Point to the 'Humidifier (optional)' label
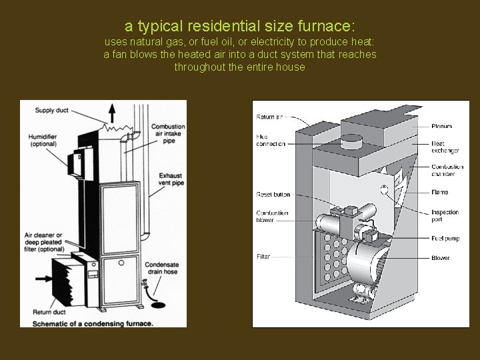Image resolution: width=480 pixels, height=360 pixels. (43, 141)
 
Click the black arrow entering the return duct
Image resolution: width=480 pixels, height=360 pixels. (43, 278)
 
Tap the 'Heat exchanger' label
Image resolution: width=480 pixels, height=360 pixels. (441, 147)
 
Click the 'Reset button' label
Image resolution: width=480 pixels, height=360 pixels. (273, 195)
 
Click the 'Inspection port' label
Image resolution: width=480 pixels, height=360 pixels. (444, 215)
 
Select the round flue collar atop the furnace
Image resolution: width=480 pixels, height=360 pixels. (351, 142)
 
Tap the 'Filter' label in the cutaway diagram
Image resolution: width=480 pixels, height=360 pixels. (264, 257)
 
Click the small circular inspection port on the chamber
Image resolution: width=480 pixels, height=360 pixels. (384, 189)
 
